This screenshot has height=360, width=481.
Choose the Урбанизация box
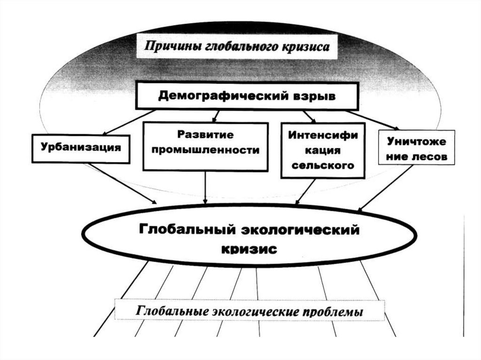[x=80, y=148]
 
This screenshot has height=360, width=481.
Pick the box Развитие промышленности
[x=205, y=146]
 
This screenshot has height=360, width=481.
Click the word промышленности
[x=205, y=151]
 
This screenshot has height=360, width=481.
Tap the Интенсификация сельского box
[x=322, y=150]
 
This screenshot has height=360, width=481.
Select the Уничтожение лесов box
[x=417, y=147]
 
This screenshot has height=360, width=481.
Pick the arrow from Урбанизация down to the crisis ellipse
[x=122, y=184]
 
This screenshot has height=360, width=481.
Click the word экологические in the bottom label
[x=254, y=311]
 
